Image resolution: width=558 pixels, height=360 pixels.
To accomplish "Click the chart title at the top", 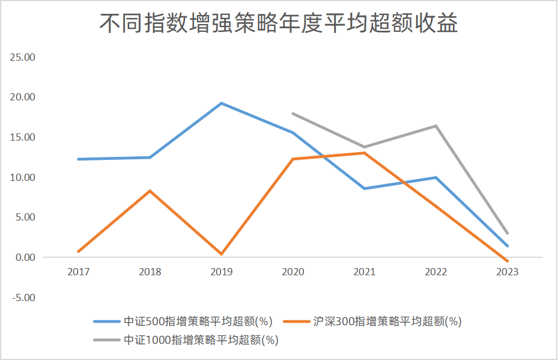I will [279, 23].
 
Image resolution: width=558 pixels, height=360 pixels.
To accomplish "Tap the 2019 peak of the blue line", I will [222, 103].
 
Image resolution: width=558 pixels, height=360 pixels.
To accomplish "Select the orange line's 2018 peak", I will [150, 191].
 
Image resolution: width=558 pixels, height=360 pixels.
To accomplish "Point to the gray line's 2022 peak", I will [435, 126].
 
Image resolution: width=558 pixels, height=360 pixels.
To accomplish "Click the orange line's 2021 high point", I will [364, 153].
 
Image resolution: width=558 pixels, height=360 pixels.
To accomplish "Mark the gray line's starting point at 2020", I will [293, 114].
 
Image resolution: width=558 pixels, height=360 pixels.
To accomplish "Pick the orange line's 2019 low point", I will [222, 254].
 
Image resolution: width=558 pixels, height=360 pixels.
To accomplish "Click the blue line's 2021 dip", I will [364, 189].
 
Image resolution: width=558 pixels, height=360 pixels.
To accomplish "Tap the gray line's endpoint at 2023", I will [508, 233].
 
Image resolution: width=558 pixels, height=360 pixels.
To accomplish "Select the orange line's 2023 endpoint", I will [508, 261].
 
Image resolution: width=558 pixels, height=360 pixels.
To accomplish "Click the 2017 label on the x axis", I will [79, 272].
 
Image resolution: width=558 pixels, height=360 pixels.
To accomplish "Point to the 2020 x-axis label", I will [293, 272].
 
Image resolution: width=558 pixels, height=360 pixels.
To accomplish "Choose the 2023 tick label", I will [508, 272].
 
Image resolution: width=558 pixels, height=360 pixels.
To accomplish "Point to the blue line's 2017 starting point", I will [79, 159].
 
